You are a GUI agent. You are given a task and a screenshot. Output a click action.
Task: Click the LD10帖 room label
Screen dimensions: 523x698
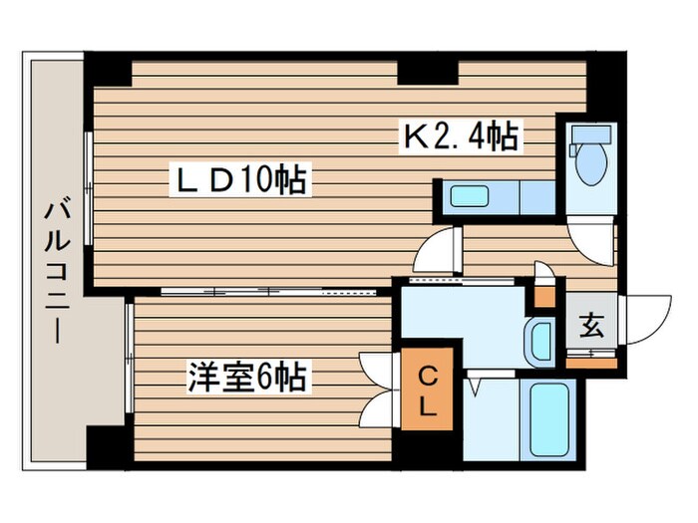242,181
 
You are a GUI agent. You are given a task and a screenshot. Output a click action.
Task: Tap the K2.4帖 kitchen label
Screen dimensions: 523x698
461,136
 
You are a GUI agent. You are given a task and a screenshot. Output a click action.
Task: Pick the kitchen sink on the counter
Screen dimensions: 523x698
469,196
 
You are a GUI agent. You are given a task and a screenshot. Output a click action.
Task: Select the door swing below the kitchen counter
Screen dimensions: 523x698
439,249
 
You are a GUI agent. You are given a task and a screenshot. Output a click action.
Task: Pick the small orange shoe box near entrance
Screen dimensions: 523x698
544,296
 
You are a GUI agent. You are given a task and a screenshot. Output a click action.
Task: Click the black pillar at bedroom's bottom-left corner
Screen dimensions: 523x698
108,446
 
